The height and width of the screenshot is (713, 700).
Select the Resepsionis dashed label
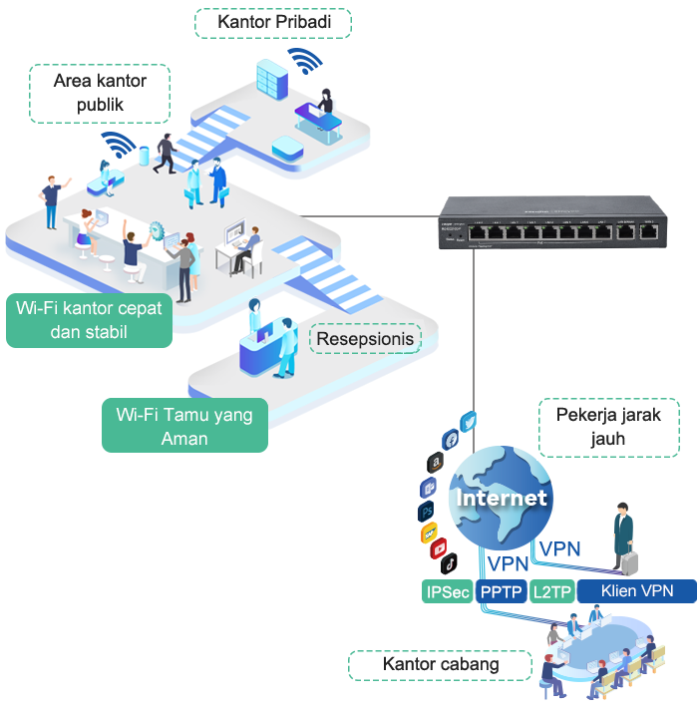click(x=365, y=339)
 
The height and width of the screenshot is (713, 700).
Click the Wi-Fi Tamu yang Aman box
click(x=184, y=426)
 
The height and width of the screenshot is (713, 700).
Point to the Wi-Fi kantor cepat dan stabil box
click(x=88, y=319)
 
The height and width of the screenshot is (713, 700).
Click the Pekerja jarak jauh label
click(x=608, y=426)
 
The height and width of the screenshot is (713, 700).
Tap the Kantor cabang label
click(x=441, y=664)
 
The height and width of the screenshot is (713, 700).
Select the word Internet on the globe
click(x=502, y=498)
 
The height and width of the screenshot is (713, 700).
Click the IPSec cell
click(x=448, y=591)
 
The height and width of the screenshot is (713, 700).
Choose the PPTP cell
click(x=502, y=591)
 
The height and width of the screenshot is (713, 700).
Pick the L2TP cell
click(x=552, y=591)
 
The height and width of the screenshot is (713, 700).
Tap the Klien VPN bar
click(x=635, y=591)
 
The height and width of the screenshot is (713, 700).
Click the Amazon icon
click(x=435, y=463)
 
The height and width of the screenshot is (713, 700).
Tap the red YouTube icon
click(x=437, y=549)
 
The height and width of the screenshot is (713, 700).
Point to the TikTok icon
click(x=450, y=564)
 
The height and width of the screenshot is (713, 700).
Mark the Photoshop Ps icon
click(x=426, y=511)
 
